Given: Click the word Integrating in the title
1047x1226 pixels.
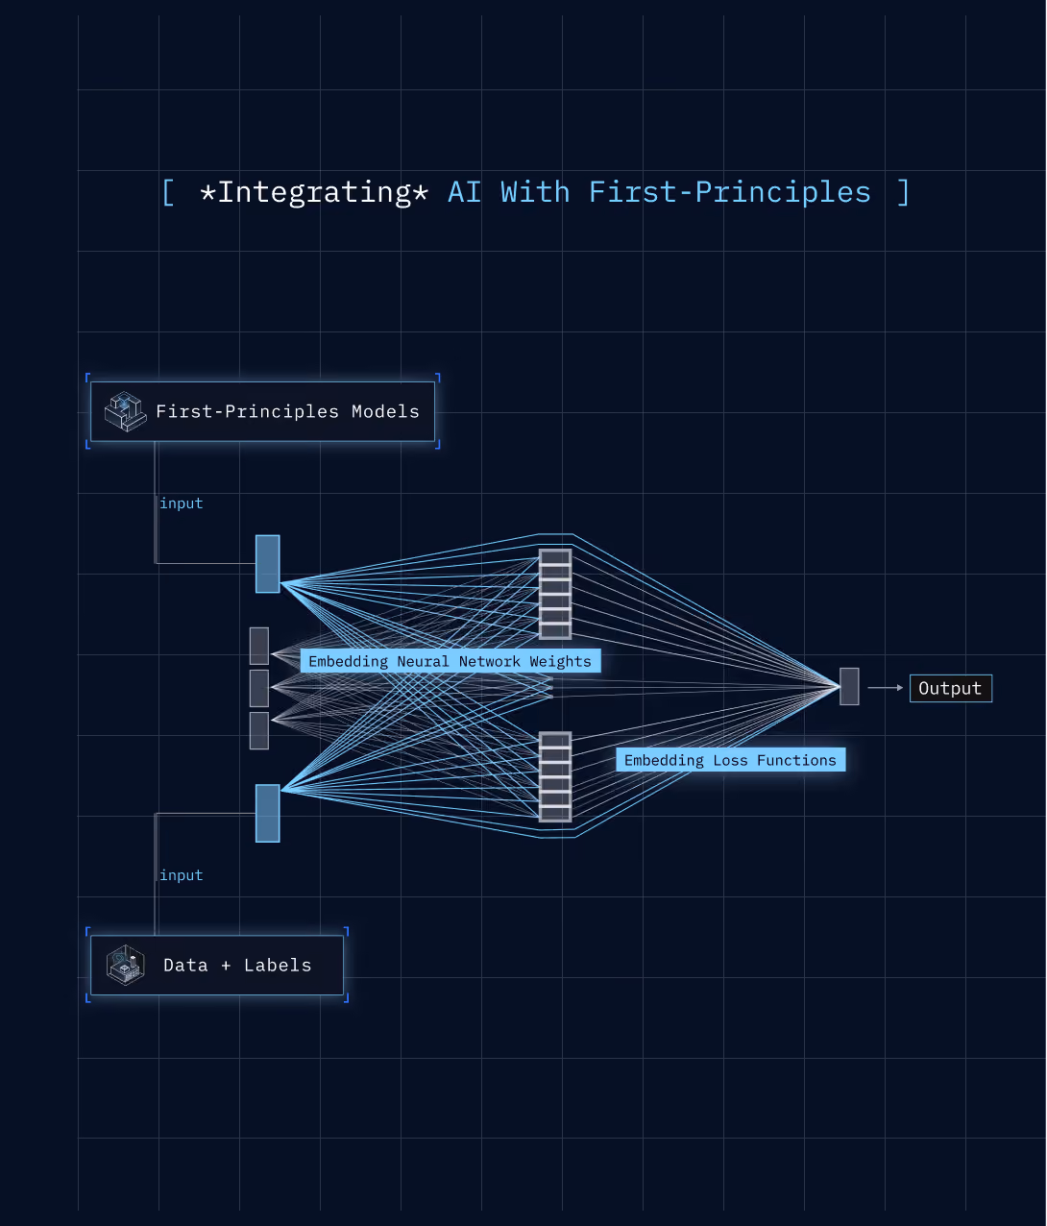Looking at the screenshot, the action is [314, 193].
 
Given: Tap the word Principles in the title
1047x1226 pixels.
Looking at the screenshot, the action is [783, 193].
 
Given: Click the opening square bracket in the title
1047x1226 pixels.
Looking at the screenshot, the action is [168, 193].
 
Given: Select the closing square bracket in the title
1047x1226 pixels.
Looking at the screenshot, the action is [903, 193].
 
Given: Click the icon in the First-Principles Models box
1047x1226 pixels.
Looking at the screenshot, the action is [125, 411].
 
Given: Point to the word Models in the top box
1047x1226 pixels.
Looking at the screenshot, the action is [385, 411].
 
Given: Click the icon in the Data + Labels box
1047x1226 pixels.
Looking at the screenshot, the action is [125, 965].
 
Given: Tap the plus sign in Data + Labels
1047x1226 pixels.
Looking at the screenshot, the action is [226, 966].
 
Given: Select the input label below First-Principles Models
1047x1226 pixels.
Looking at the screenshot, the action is [182, 503].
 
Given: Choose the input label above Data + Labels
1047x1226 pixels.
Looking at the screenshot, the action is [182, 875].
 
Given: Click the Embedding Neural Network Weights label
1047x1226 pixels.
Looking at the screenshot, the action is [450, 661].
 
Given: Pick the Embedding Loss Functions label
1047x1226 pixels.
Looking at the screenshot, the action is [730, 760].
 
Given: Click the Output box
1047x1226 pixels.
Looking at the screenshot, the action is [950, 689].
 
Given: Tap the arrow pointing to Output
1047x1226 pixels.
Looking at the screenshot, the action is [886, 688].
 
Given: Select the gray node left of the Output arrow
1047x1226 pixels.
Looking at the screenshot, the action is [849, 687].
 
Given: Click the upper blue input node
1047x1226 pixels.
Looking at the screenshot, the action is [267, 564].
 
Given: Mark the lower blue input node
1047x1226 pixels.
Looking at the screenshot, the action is [267, 813].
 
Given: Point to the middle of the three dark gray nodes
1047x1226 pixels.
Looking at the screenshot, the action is [259, 689].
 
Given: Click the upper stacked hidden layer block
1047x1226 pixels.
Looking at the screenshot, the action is [555, 594].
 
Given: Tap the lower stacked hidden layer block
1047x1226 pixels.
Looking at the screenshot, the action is [555, 777].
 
